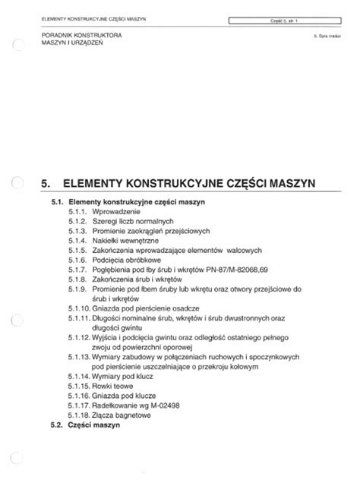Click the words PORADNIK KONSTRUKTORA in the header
pyautogui.click(x=84, y=36)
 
